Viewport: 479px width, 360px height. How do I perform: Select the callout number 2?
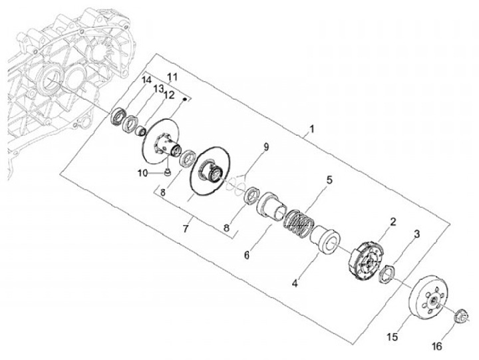click(393, 222)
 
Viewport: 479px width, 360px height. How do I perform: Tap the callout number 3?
click(416, 235)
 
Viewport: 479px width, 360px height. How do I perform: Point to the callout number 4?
click(295, 283)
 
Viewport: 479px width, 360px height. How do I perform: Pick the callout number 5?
click(328, 180)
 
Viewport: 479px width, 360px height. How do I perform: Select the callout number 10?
click(142, 174)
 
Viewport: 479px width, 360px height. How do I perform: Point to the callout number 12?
click(169, 96)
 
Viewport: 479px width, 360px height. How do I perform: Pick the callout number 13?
click(159, 89)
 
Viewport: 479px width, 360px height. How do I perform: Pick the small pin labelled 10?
click(168, 174)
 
